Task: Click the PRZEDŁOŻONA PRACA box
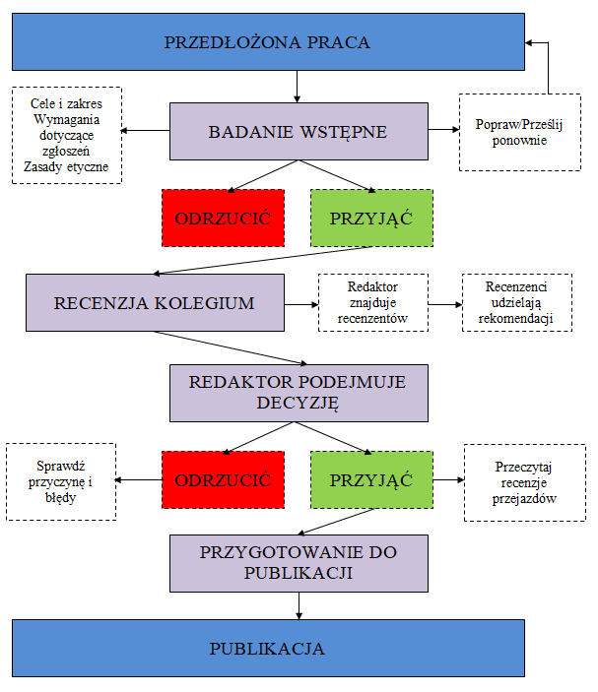pyautogui.click(x=267, y=42)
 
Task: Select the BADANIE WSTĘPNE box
pyautogui.click(x=297, y=132)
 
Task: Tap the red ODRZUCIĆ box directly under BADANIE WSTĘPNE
pyautogui.click(x=223, y=218)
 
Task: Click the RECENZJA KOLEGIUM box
pyautogui.click(x=156, y=302)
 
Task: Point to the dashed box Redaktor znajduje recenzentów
pyautogui.click(x=372, y=302)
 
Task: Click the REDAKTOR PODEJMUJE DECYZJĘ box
pyautogui.click(x=297, y=391)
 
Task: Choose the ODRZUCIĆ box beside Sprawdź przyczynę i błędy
pyautogui.click(x=223, y=479)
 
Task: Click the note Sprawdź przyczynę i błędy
pyautogui.click(x=62, y=481)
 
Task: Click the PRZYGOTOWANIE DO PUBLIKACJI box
pyautogui.click(x=297, y=563)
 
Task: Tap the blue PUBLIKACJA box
pyautogui.click(x=267, y=648)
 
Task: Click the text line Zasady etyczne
pyautogui.click(x=67, y=168)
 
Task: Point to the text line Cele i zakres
pyautogui.click(x=67, y=102)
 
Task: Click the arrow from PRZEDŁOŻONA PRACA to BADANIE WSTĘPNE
pyautogui.click(x=297, y=87)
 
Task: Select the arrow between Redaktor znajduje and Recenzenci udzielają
pyautogui.click(x=445, y=303)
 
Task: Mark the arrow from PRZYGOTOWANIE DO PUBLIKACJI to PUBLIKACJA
pyautogui.click(x=297, y=605)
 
